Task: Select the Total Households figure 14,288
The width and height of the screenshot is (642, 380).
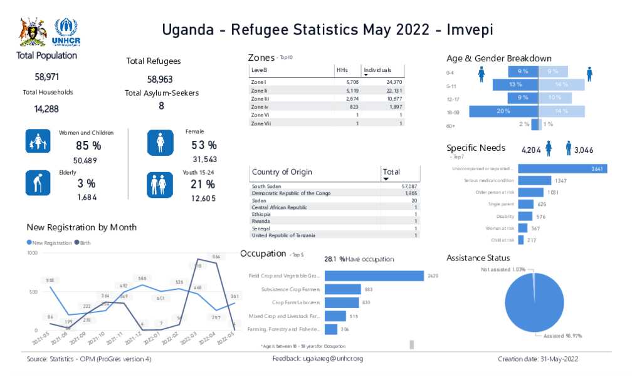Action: [46, 109]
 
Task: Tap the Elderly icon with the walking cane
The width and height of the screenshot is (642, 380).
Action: [38, 183]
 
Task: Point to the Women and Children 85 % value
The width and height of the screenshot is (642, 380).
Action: [88, 146]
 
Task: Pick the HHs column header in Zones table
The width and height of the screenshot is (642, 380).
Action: [342, 70]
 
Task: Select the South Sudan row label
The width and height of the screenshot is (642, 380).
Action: [266, 187]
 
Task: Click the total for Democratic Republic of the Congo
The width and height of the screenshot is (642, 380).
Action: [411, 193]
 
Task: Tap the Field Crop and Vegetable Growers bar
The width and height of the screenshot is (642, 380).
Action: [374, 276]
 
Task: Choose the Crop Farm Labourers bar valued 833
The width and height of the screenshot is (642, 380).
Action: [342, 302]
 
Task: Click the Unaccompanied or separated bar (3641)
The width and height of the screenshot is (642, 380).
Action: [562, 168]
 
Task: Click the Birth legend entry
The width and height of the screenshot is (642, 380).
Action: [83, 242]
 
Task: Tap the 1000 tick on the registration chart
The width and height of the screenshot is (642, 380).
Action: [32, 252]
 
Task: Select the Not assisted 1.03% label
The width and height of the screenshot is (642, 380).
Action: [503, 269]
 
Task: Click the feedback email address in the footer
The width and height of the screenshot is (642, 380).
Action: [333, 359]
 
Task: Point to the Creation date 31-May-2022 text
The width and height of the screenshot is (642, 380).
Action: [537, 359]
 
